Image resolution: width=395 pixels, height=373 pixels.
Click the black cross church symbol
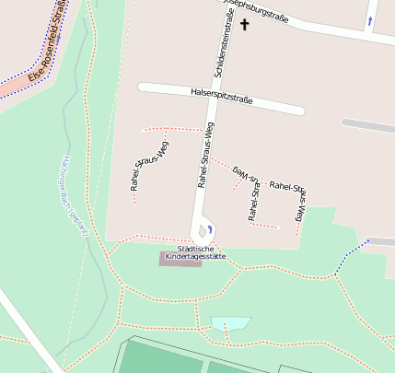245,25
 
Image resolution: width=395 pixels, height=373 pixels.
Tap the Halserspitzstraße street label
221,96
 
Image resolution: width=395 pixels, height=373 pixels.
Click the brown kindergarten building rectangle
180,260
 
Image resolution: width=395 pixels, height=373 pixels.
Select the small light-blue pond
231,324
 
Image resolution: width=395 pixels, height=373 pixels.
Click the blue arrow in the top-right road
370,20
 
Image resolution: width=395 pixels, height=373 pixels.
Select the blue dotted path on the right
351,256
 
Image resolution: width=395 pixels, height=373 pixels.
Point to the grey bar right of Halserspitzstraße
367,124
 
